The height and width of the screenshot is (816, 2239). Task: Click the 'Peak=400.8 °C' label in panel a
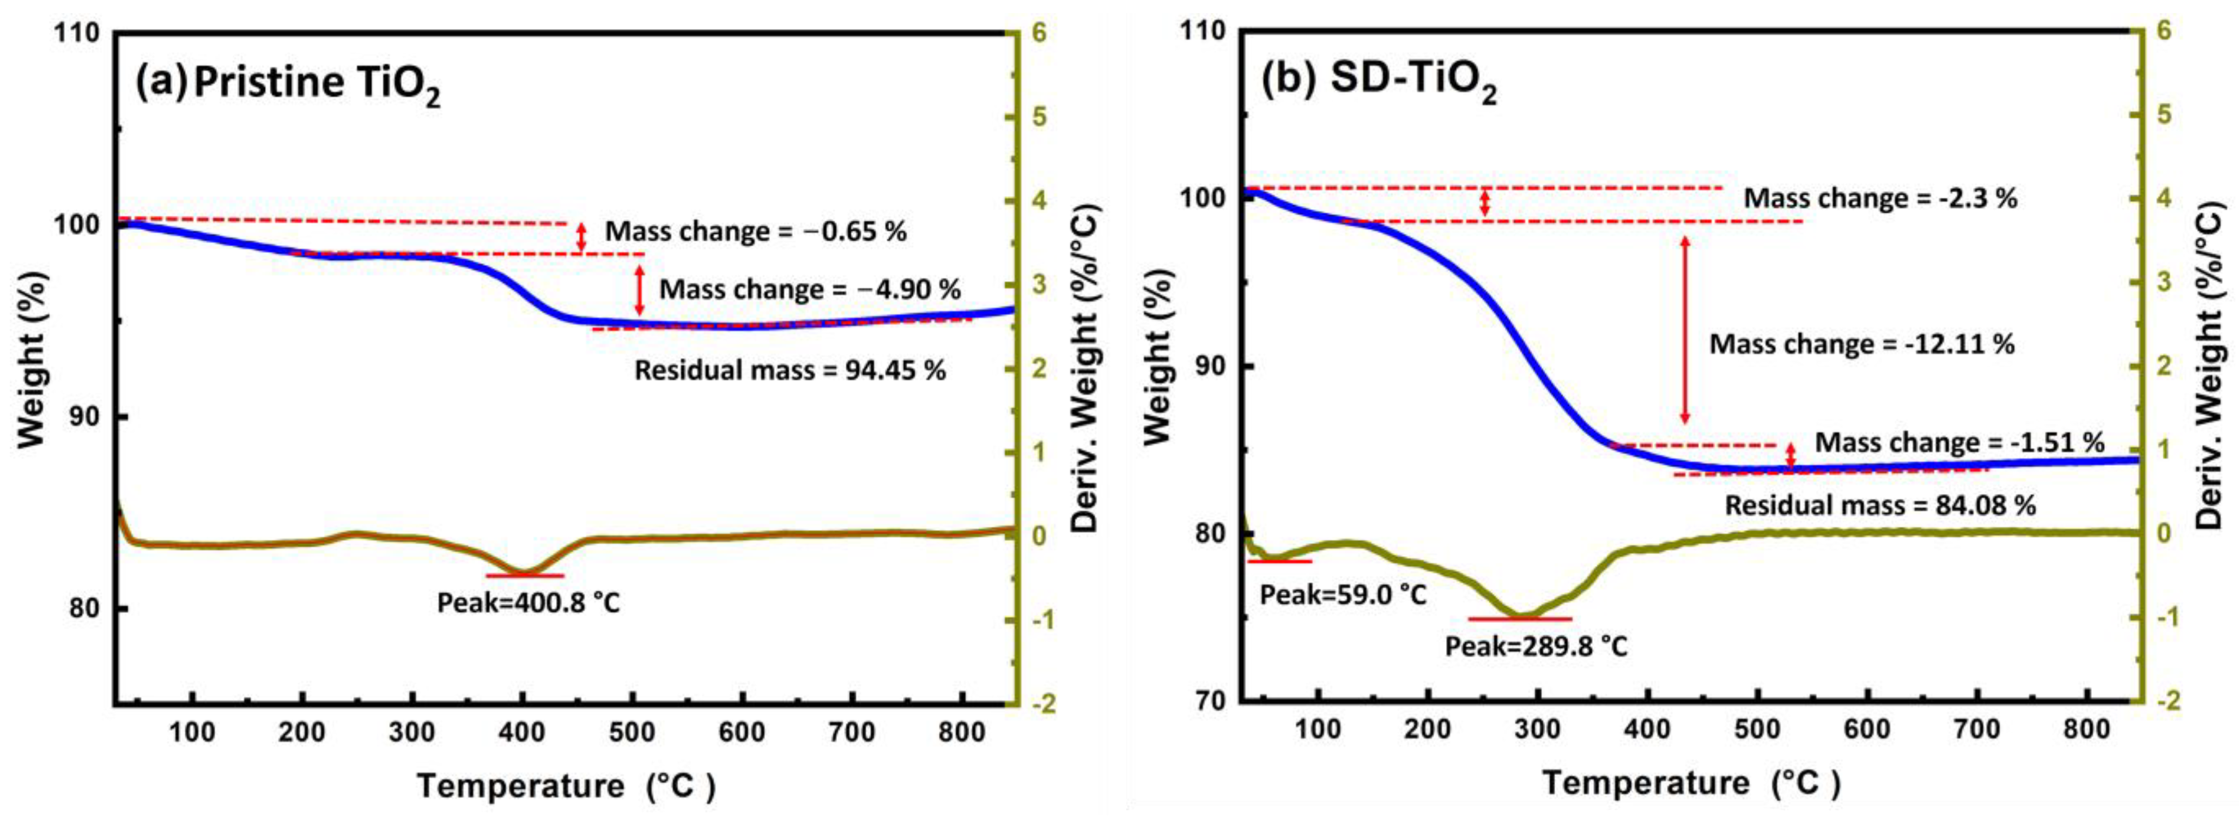point(529,602)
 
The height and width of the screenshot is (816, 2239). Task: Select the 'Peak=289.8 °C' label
point(1536,647)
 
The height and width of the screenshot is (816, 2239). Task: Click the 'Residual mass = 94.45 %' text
point(789,370)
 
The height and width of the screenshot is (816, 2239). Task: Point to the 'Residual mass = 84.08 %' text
point(1880,505)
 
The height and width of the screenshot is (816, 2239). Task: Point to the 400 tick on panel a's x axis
point(521,732)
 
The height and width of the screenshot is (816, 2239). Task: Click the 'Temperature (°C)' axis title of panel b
point(1690,783)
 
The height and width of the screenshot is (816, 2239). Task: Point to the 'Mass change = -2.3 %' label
point(1880,198)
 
